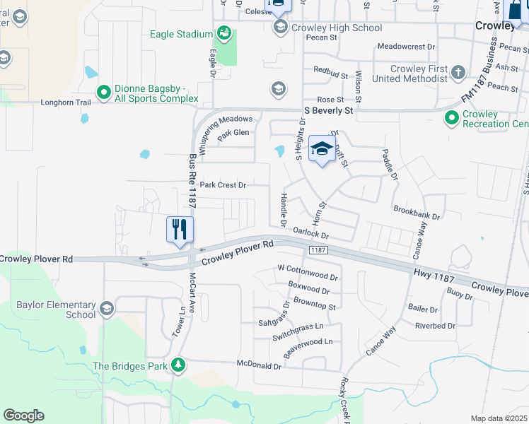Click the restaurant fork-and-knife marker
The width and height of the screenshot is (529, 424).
click(180, 230)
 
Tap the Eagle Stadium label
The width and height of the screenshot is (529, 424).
click(182, 34)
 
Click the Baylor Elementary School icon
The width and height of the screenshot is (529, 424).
click(107, 307)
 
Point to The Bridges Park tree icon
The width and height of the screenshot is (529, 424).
click(179, 365)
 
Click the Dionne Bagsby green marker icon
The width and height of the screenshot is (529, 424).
click(104, 92)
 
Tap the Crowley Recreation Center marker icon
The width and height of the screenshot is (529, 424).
click(451, 117)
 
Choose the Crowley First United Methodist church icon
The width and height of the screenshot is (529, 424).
click(458, 72)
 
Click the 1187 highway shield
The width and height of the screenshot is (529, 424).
click(316, 251)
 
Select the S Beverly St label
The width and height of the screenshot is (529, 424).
click(328, 111)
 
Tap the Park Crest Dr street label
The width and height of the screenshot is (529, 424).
click(222, 185)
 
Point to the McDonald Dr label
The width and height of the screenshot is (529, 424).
click(258, 367)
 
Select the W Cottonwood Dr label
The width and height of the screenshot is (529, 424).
click(308, 269)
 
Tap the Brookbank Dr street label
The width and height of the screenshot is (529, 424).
click(417, 211)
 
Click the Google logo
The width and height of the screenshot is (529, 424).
click(23, 416)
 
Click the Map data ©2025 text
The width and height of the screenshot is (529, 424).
click(499, 418)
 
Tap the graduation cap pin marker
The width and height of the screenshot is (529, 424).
click(322, 148)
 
